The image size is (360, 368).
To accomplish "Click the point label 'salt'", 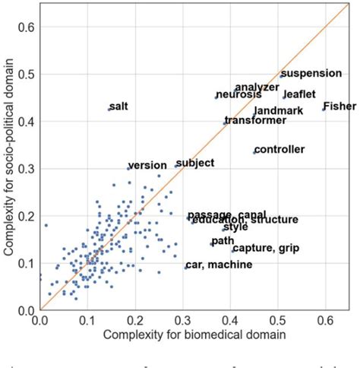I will click(x=119, y=106).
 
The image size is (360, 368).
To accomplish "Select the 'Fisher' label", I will click(x=339, y=106).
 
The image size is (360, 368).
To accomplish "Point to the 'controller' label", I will click(x=279, y=149).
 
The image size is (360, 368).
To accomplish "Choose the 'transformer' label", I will click(x=255, y=120).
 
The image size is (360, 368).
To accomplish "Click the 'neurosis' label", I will click(x=238, y=94).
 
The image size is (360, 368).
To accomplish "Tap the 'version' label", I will click(x=147, y=166).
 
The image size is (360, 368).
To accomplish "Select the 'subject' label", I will click(x=194, y=163).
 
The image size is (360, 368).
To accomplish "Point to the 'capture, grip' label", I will click(x=265, y=248).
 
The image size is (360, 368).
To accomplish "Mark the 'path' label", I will click(x=223, y=240).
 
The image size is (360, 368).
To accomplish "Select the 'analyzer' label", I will click(x=257, y=87).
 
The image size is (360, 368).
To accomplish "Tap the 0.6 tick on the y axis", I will click(x=27, y=28).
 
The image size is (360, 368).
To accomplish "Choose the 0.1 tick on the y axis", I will click(x=27, y=263).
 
